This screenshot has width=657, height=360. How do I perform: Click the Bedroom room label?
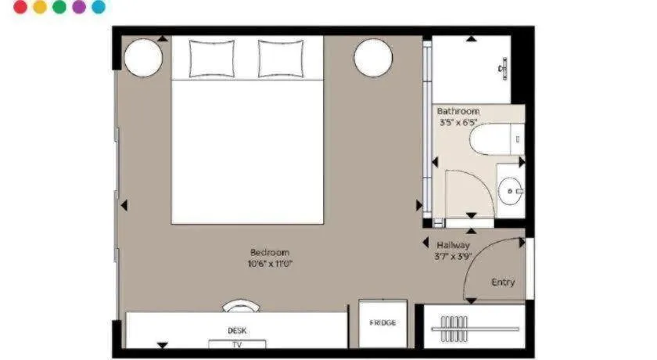click(x=270, y=252)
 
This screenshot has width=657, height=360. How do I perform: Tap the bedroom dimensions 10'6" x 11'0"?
click(x=270, y=264)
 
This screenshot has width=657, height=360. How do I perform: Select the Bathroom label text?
click(x=458, y=112)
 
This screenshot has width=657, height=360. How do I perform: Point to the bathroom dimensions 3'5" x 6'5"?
click(x=458, y=123)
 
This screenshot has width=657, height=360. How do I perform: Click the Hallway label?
click(x=454, y=245)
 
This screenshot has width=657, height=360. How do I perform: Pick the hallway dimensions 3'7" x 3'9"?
click(x=454, y=256)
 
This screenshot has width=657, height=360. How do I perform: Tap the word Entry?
click(x=503, y=283)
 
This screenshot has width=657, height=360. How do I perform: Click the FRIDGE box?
click(x=382, y=323)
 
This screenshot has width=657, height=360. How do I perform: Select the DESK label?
click(x=237, y=331)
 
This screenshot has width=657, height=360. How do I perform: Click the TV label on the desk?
click(x=237, y=344)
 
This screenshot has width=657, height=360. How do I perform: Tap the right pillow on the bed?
click(x=281, y=57)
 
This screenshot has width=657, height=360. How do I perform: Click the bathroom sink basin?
click(x=512, y=190)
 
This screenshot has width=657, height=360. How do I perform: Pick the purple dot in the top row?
click(x=79, y=7)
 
